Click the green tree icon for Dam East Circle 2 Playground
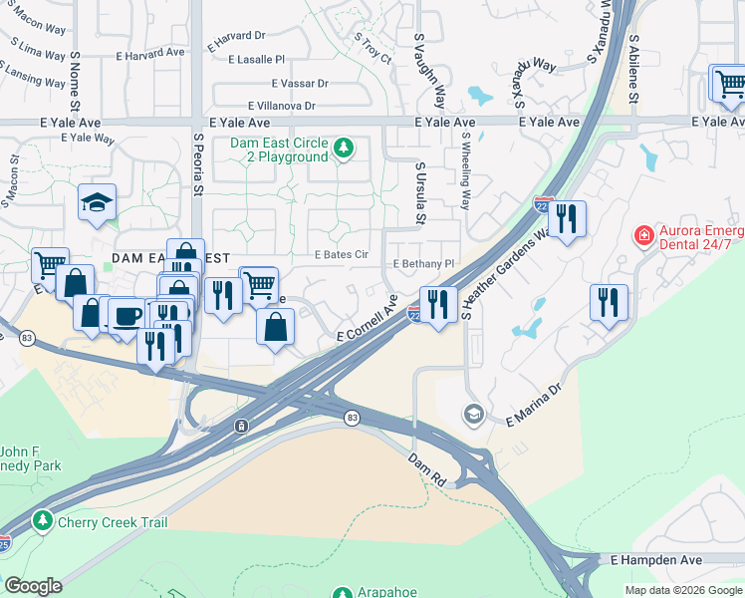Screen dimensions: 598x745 345,149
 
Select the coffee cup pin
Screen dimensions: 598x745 125,316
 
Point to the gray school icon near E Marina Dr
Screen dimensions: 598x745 473,414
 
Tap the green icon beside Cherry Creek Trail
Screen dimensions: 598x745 42,521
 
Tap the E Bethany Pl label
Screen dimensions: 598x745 423,264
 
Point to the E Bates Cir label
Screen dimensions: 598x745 342,255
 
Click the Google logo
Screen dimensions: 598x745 34,586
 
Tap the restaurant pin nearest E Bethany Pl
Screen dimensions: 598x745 438,303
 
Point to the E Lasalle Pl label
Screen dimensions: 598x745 256,60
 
